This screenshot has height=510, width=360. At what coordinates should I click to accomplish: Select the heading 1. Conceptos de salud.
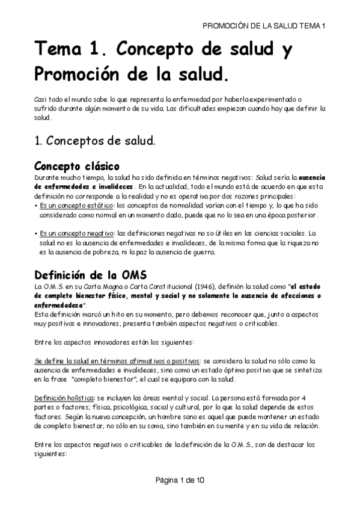[94, 141]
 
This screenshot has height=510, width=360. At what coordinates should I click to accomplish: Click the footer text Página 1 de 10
[180, 481]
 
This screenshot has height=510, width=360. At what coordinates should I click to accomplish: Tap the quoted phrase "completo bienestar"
[102, 379]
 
